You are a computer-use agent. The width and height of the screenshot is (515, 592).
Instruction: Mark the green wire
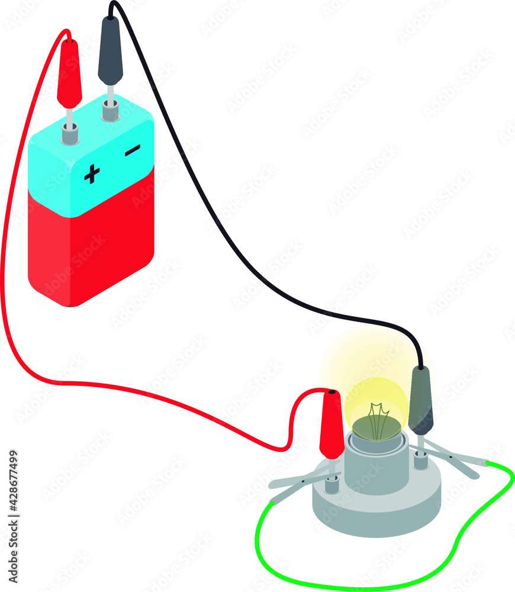click(355, 583)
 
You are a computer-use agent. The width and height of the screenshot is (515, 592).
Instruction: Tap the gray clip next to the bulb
click(421, 400)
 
